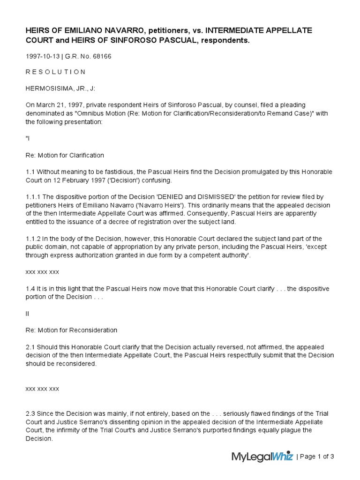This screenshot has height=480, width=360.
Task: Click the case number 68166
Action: (102, 56)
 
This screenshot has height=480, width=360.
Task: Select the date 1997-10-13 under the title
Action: (43, 56)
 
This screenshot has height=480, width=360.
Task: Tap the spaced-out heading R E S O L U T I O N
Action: (55, 72)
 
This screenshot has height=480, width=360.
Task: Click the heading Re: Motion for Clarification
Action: (65, 155)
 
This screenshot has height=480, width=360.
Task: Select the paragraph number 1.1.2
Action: (33, 239)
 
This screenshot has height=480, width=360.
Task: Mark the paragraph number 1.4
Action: (30, 289)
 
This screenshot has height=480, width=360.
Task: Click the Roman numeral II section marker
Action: (27, 313)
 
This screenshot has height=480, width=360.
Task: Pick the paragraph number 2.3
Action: (30, 413)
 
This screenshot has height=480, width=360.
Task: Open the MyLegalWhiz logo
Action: (262, 456)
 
